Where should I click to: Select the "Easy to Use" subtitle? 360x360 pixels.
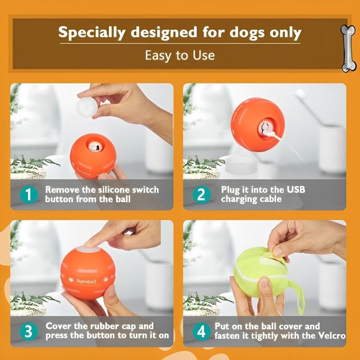(x=180, y=55)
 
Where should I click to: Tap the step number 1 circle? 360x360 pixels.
(x=29, y=195)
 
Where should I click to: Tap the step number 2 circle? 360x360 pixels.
(x=202, y=195)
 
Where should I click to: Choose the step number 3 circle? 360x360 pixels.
(x=29, y=332)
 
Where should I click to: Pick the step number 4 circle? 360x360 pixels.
(x=202, y=332)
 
